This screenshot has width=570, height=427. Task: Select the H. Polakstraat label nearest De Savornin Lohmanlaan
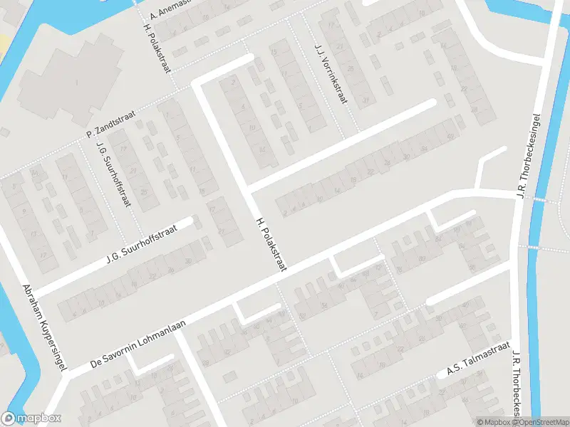[271, 246]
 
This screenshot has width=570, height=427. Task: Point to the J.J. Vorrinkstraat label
[331, 73]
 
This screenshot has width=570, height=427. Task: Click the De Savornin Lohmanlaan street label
[139, 344]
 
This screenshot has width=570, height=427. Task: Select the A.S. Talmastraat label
[479, 361]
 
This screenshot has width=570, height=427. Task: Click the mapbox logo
[31, 418]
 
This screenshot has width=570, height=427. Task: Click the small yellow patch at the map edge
[4, 43]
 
